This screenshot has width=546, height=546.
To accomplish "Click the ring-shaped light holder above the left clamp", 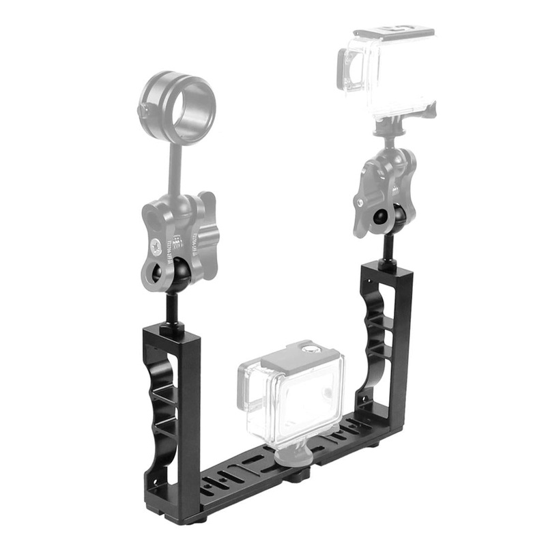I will coord(179,100).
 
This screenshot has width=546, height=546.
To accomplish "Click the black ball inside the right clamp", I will coord(382,217).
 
